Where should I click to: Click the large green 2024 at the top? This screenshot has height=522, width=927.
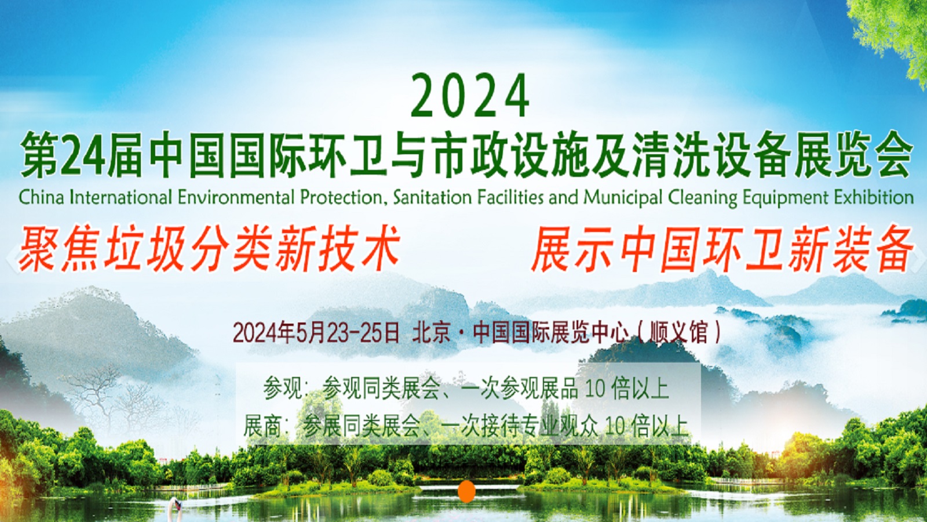470,96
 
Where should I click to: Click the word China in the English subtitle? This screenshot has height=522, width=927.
41,198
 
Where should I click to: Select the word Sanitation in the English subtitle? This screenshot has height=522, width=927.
432,198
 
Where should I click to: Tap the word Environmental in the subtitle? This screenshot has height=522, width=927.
235,198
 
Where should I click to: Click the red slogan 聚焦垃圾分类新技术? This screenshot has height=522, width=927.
209,249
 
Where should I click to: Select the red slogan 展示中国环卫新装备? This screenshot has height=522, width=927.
722,249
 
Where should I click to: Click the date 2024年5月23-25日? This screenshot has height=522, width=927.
316,333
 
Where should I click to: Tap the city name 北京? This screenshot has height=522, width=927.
431,333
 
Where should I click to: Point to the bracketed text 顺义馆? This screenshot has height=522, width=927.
679,333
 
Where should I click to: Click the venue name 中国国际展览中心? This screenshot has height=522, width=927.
550,333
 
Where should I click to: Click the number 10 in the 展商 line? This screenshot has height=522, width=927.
615,426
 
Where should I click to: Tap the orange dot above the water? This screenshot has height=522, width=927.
467,491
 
